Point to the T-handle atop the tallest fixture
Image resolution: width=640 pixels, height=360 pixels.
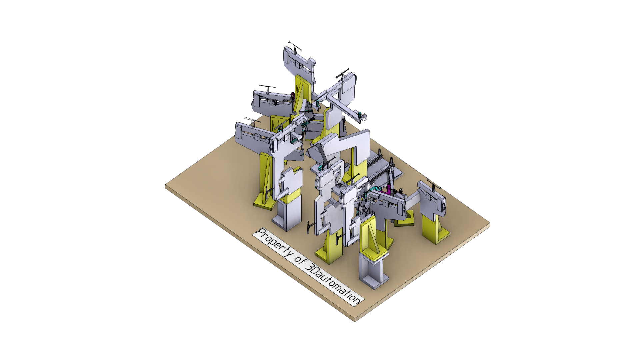tap(295, 47)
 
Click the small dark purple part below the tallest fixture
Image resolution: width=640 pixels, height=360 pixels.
tap(293, 95)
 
